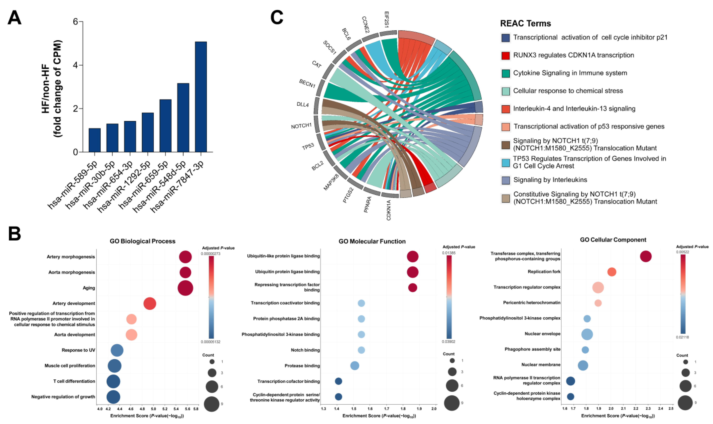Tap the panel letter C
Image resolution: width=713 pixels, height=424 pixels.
coord(277,18)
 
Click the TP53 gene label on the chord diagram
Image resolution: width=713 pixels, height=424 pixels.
coord(308,147)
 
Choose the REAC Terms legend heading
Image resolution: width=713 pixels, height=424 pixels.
coord(525,23)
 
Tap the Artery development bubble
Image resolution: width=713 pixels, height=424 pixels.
coord(150,303)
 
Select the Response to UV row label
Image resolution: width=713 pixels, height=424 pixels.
coord(78,350)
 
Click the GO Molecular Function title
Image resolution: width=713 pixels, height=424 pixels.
coord(372,241)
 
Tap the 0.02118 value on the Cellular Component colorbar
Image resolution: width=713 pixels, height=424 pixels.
coord(682,337)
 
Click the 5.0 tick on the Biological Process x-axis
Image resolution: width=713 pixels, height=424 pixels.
coord(153,409)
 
